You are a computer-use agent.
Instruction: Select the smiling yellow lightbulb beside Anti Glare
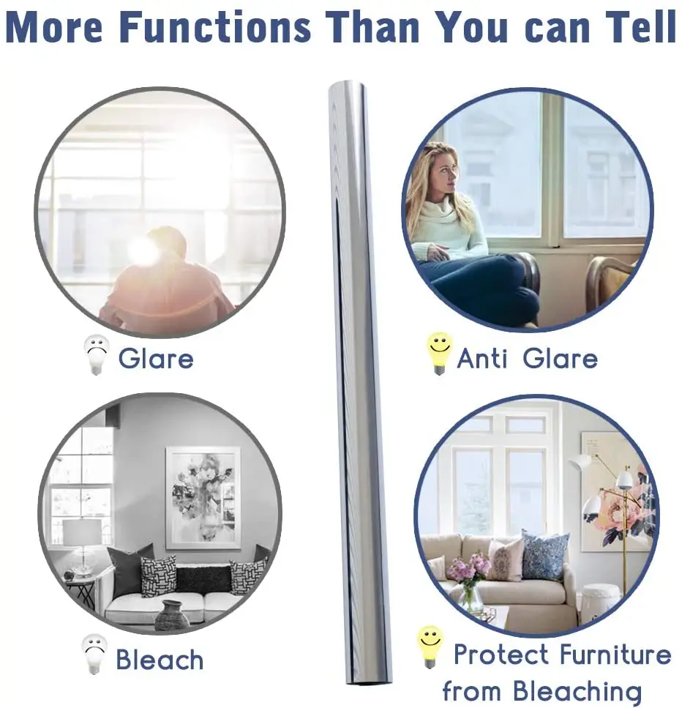coord(439,353)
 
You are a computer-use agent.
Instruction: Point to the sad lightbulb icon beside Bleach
coord(94,654)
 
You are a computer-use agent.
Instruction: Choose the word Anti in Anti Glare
coord(484,358)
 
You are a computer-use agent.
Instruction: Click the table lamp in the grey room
coord(81,543)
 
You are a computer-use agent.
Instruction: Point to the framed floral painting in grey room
coord(203,496)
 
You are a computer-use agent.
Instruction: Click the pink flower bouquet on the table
coord(469,569)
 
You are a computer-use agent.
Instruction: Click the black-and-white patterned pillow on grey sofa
coord(158,575)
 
